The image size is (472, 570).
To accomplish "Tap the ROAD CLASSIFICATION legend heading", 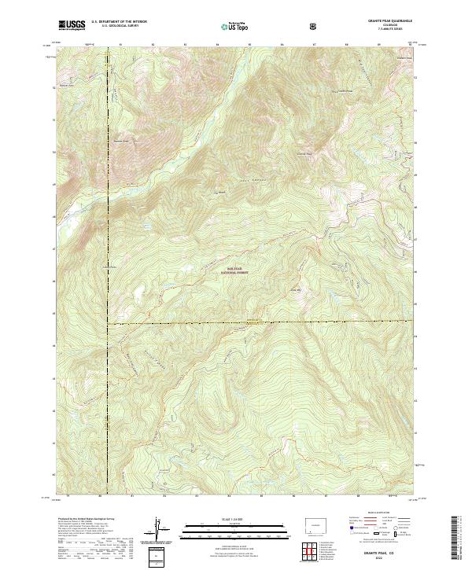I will [376, 512].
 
